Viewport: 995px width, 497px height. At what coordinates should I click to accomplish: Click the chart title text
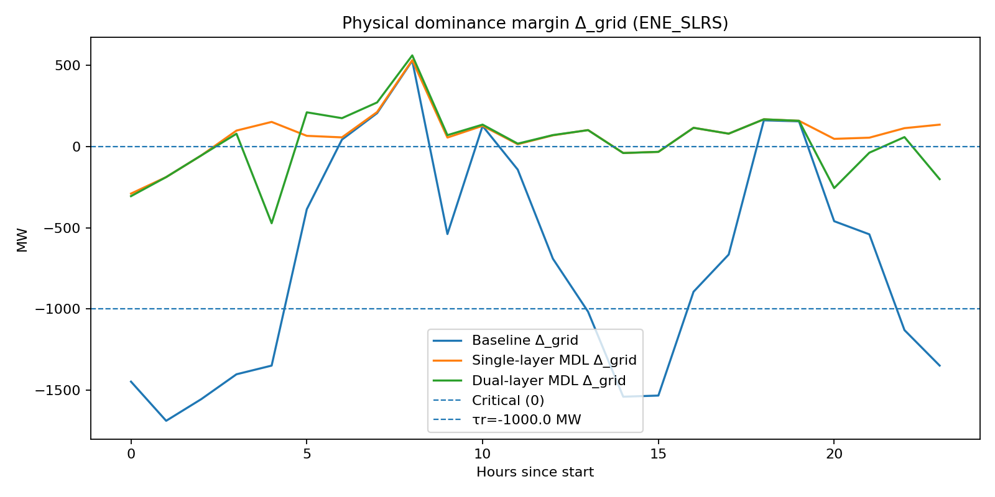pos(535,23)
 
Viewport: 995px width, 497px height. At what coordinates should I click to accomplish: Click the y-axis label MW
pos(22,240)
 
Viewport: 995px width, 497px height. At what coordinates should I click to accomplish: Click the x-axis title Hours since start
pos(535,472)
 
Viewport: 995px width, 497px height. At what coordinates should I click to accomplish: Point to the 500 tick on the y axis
pos(68,65)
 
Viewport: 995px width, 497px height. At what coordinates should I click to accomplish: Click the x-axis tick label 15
pos(658,454)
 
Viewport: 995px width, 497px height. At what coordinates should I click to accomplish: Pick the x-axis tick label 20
pos(834,454)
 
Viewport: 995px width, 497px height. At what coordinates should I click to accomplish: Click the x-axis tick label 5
pos(307,454)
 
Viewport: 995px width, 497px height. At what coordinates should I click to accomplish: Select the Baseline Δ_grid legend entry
pos(524,340)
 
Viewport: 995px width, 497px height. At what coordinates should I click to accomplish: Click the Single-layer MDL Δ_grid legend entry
pos(553,360)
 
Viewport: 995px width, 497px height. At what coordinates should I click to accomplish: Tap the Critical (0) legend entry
pos(507,400)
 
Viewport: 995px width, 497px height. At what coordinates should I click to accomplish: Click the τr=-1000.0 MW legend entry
pos(526,420)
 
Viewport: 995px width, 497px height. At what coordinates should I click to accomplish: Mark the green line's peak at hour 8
pos(412,55)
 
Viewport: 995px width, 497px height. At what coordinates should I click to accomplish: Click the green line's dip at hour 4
pos(271,223)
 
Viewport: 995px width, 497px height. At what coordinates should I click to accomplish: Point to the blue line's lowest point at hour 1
pos(166,421)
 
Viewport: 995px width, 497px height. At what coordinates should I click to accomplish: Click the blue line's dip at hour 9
pos(447,234)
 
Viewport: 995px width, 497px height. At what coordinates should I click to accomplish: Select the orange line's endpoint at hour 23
pos(939,124)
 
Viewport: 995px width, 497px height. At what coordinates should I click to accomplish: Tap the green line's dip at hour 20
pos(834,188)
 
